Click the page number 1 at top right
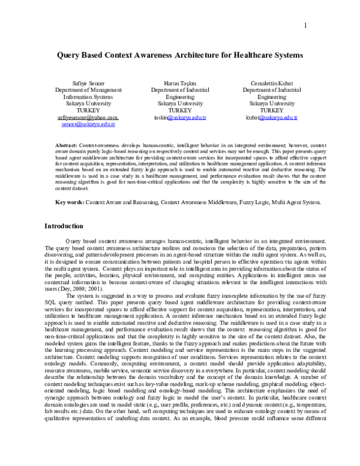[x=305, y=25]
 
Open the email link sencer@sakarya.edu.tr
[x=88, y=125]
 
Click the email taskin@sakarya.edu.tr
[x=180, y=118]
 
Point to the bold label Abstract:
[x=66, y=146]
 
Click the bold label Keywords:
[x=70, y=203]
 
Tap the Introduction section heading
[x=65, y=226]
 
